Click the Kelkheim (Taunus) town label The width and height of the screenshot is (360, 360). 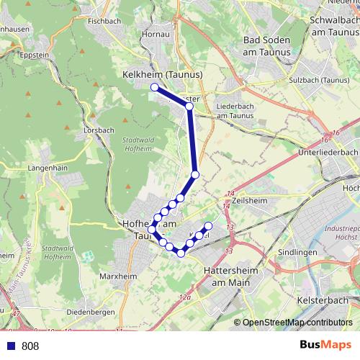click(x=162, y=73)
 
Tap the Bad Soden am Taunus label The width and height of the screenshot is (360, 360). click(x=267, y=47)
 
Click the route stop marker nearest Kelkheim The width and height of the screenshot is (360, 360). click(x=154, y=87)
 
